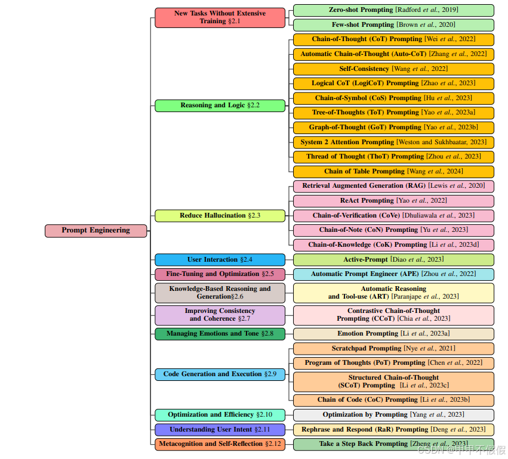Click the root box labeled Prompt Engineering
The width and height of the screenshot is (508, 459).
tap(96, 231)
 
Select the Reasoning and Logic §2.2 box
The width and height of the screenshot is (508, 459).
tap(220, 106)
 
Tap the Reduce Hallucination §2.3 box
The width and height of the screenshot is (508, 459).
tap(220, 216)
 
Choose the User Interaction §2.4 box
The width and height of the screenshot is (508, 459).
tap(220, 260)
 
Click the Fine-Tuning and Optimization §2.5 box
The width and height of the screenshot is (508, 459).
tap(220, 274)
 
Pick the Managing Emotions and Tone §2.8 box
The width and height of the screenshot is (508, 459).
tap(220, 334)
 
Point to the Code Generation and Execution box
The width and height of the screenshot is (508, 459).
tap(220, 374)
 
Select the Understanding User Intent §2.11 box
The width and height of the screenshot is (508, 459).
tap(220, 430)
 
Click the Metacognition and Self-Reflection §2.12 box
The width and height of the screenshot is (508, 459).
tap(220, 444)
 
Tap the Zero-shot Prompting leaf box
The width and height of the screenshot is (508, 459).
tap(393, 10)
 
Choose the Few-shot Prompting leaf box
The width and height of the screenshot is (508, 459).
tap(393, 25)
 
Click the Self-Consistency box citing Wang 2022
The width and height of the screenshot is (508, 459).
tap(393, 69)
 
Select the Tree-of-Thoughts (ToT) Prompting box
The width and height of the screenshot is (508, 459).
tap(393, 113)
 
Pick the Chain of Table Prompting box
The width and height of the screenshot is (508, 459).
tap(393, 172)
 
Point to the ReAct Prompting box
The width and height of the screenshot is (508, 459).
tap(393, 201)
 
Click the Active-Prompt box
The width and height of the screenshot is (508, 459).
tap(393, 260)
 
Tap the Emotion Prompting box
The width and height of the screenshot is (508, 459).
tap(393, 334)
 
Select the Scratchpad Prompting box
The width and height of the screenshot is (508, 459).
tap(393, 349)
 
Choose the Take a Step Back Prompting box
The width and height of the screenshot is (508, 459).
tap(393, 444)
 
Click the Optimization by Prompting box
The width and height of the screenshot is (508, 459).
tap(393, 415)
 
